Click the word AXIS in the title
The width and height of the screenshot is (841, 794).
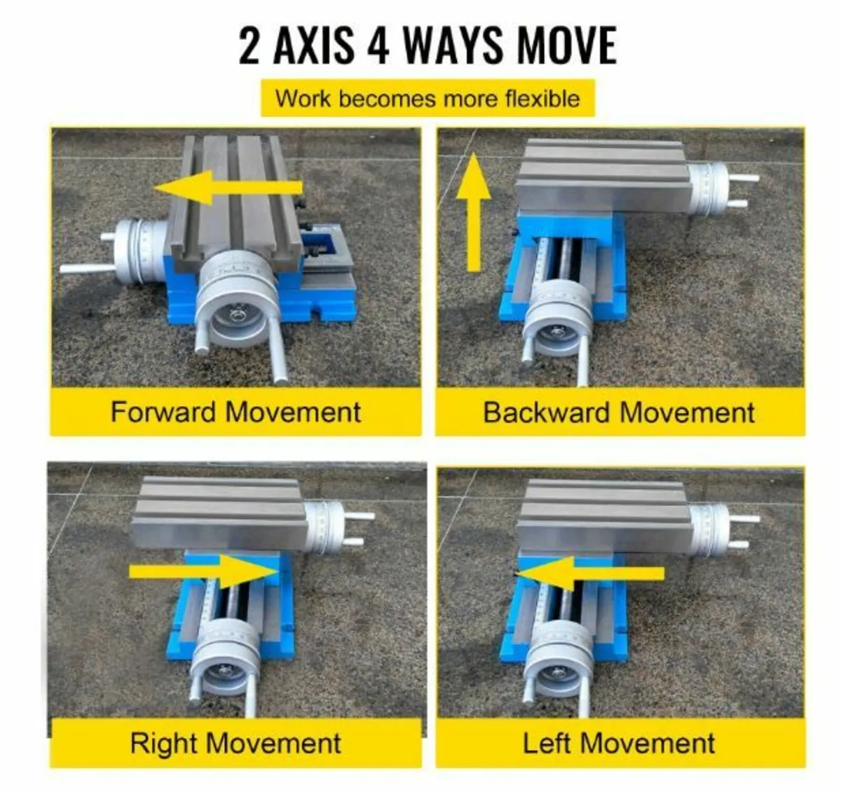click(314, 46)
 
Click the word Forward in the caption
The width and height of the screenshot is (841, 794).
click(164, 412)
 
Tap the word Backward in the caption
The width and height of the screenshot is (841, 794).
click(546, 412)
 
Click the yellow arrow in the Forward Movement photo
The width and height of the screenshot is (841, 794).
click(228, 188)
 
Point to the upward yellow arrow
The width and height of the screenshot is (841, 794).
click(474, 212)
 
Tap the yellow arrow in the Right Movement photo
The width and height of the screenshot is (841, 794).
click(203, 571)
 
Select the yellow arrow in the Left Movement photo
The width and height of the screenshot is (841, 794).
click(590, 573)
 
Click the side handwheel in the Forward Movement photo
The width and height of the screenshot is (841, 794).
click(127, 253)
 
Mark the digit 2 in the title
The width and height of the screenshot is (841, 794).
click(249, 46)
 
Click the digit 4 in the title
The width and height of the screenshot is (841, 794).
click(378, 46)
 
